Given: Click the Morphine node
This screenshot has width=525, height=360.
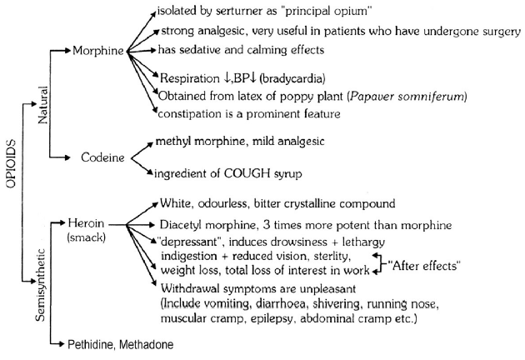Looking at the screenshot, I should [x=97, y=52].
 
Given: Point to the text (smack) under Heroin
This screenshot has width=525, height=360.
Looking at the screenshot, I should [x=89, y=240].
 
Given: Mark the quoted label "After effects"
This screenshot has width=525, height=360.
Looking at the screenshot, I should [x=426, y=266].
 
